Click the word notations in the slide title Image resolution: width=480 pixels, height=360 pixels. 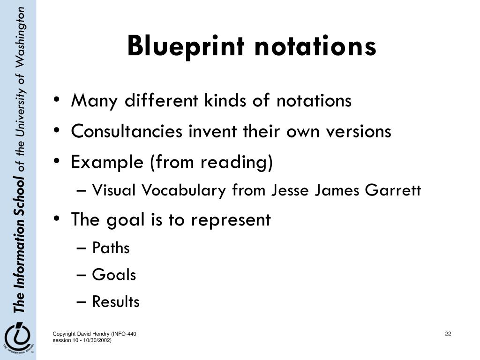(x=315, y=46)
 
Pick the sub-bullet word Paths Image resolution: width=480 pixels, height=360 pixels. (x=111, y=248)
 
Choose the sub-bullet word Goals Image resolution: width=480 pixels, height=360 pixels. (x=114, y=275)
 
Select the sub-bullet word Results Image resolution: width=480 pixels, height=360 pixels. (x=116, y=302)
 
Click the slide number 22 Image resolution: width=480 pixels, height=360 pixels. (x=448, y=334)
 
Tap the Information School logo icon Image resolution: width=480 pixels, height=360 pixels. (x=17, y=337)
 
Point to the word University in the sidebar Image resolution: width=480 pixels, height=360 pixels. (x=19, y=112)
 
